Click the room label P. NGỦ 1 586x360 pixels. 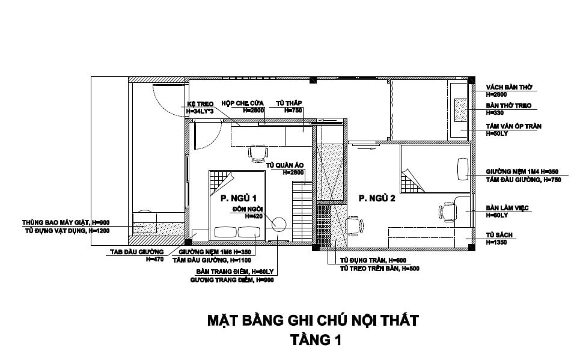pyautogui.click(x=239, y=198)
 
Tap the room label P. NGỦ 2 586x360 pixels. pyautogui.click(x=377, y=198)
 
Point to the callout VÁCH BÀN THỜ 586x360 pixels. pyautogui.click(x=509, y=87)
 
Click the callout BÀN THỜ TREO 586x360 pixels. pyautogui.click(x=509, y=106)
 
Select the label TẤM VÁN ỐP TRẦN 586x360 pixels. pyautogui.click(x=513, y=126)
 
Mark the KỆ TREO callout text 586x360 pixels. pyautogui.click(x=201, y=103)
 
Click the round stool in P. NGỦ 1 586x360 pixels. pyautogui.click(x=278, y=224)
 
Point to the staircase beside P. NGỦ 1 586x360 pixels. pyautogui.click(x=301, y=210)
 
